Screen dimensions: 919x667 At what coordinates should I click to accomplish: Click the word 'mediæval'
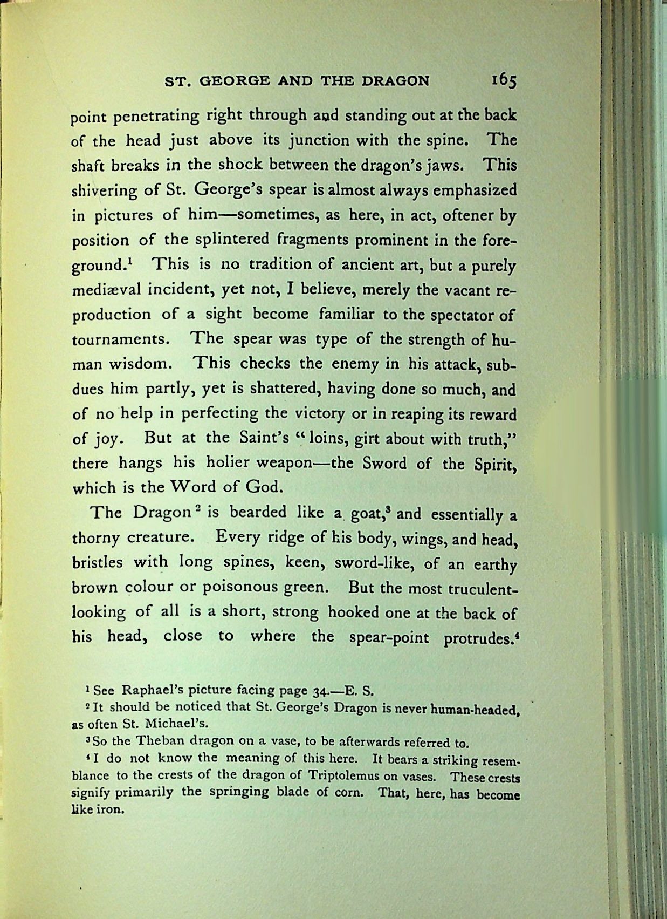coord(106,290)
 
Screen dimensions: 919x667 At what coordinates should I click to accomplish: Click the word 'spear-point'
coord(389,637)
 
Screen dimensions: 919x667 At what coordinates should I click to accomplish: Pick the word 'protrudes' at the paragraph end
coord(478,638)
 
